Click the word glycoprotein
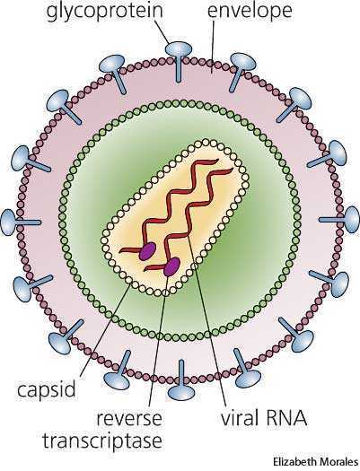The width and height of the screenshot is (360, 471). (x=105, y=12)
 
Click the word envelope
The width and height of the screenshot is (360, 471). (x=250, y=12)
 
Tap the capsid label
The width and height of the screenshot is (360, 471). (x=46, y=389)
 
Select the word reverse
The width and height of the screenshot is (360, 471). (x=129, y=418)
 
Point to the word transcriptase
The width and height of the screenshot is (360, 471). (x=102, y=441)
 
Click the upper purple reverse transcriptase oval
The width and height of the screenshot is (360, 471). (x=147, y=251)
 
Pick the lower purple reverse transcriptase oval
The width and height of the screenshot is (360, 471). (x=171, y=267)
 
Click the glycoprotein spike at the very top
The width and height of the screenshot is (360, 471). (x=179, y=60)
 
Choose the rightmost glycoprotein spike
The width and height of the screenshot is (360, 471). (x=340, y=220)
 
